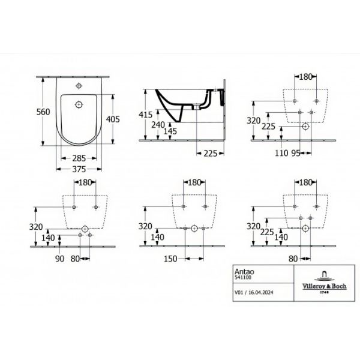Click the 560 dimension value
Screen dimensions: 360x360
43,112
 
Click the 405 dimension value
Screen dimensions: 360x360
113,119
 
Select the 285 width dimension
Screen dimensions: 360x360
79,158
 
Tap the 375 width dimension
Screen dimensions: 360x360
79,169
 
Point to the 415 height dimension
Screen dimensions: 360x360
146,115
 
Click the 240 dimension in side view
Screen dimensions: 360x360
158,125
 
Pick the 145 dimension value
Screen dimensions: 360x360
170,131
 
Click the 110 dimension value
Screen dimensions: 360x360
281,153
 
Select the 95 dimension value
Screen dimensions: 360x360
296,153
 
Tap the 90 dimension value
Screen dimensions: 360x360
59,259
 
